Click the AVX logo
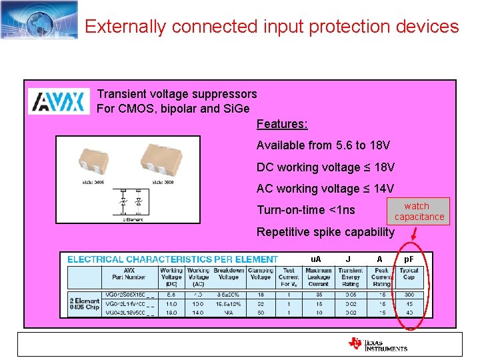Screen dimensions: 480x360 point(59,101)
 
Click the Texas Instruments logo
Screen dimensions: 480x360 point(377,343)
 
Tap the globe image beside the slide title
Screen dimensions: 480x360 point(39,19)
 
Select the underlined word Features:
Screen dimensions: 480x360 point(282,124)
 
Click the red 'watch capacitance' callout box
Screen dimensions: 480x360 point(419,211)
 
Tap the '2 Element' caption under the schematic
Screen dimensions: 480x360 point(133,219)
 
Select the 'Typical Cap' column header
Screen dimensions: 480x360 point(409,277)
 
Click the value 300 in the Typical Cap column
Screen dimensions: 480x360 point(409,294)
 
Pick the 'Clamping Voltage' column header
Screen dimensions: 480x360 point(260,277)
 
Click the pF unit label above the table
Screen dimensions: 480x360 point(409,258)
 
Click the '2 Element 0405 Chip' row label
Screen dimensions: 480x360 point(85,303)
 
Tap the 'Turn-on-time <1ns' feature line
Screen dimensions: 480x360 point(306,210)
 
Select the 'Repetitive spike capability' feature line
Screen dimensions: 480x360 point(325,232)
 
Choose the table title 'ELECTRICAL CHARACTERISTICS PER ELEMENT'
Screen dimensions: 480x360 point(173,259)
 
